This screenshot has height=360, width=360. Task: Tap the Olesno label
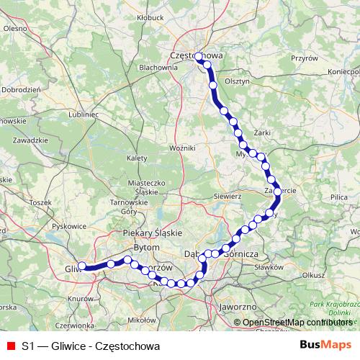point(14,29)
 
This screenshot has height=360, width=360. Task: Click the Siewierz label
point(228,195)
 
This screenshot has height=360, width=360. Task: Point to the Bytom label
point(146,247)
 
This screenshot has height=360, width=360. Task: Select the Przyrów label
point(303,58)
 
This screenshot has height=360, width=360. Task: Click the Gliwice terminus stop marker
point(82,266)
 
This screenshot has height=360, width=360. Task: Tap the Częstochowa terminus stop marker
point(199,57)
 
